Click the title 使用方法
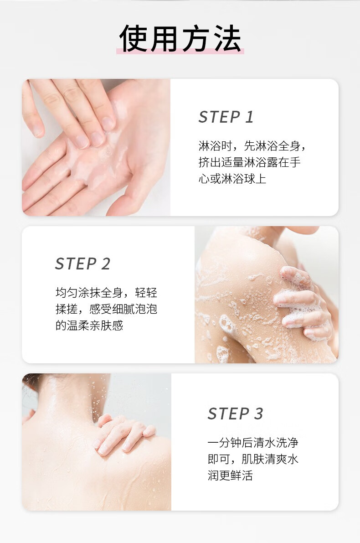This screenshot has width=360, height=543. [180, 38]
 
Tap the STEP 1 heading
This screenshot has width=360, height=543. [226, 117]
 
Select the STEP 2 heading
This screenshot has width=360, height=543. [83, 264]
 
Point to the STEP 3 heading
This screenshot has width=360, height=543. [236, 414]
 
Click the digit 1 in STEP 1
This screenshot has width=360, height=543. [250, 117]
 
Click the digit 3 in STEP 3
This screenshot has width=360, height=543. [258, 414]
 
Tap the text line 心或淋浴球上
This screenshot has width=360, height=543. [232, 178]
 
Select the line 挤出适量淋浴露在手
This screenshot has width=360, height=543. [250, 162]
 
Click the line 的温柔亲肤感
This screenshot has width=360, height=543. [89, 325]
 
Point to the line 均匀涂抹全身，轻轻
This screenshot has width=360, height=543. [106, 293]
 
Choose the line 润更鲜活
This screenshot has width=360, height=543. [230, 475]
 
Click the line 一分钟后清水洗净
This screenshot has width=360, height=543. [253, 443]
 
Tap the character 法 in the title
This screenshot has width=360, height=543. [227, 38]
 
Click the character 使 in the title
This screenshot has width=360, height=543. [133, 38]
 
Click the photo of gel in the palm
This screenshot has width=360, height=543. [96, 148]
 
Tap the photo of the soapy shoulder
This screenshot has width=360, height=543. [267, 295]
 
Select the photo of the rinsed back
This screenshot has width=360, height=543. [97, 442]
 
